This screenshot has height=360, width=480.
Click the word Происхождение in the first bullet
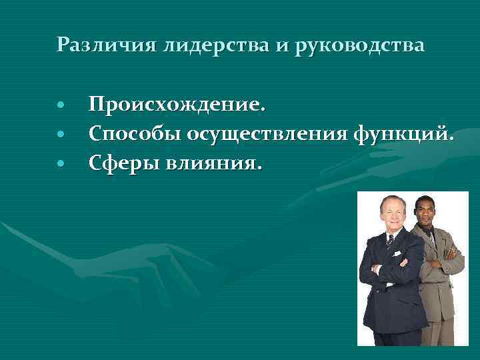pyautogui.click(x=177, y=105)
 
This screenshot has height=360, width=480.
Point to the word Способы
pyautogui.click(x=135, y=134)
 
